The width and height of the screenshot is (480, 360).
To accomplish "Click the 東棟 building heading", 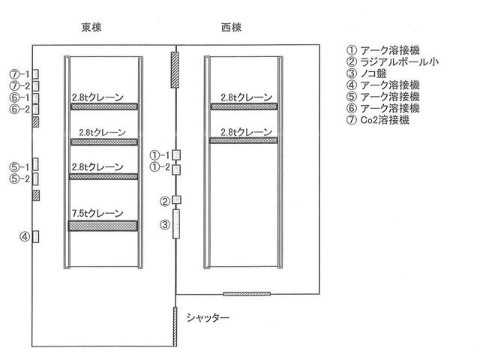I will coord(91,28).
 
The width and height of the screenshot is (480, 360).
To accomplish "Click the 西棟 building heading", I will coord(232,28).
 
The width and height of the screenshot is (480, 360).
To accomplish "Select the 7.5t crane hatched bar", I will coord(104,225).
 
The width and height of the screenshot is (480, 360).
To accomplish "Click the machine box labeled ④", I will coord(35,238).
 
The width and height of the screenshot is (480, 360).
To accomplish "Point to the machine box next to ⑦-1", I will coord(35,74).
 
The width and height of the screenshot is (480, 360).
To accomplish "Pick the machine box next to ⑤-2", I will coord(35,178).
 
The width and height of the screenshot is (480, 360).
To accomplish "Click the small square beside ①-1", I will coord(176,155).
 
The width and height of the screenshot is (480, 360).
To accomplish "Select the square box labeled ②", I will coord(177,200).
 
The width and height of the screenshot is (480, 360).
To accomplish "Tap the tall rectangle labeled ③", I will coord(176,224).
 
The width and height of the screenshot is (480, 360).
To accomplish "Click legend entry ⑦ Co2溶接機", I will coord(378,120).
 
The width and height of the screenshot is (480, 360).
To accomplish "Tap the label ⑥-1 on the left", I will coord(19,97).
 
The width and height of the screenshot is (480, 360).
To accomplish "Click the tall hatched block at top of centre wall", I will coord(175,68).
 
